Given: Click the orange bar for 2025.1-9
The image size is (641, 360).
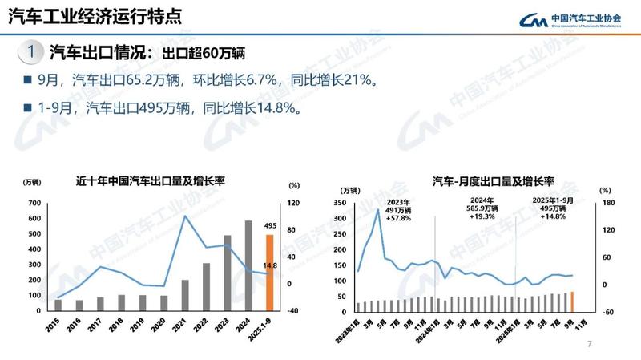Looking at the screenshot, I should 270,272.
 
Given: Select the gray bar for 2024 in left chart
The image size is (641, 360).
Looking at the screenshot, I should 248,265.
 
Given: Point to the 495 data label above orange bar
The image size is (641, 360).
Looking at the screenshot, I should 270,226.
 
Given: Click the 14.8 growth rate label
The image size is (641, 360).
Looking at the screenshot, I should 270,265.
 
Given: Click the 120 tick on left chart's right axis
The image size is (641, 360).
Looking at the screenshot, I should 294,204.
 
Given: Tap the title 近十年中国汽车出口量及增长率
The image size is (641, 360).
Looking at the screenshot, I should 150,181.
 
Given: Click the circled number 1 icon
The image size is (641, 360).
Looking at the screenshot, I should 29,52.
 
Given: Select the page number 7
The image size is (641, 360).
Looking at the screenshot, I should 590,345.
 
